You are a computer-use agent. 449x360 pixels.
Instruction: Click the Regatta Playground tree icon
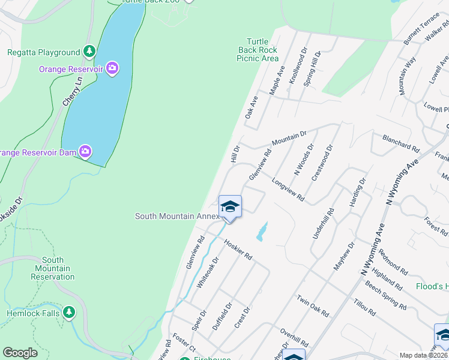click(x=90, y=52)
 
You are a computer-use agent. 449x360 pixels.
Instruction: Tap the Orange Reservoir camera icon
click(x=112, y=68)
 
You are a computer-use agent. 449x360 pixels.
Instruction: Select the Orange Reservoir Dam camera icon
click(x=86, y=152)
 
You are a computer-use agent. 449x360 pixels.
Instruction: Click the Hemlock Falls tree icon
click(x=69, y=312)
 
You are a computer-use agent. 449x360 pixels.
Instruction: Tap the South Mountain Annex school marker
click(x=230, y=208)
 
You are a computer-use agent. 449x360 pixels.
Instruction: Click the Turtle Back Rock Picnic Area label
click(x=258, y=50)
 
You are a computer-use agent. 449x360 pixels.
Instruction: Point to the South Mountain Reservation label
click(x=53, y=268)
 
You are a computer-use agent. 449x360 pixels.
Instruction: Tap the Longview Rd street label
click(x=288, y=190)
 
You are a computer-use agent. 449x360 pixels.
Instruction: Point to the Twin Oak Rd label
click(x=312, y=306)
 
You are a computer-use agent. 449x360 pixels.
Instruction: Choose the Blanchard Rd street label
click(x=401, y=146)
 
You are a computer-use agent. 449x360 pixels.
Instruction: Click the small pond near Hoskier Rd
click(x=261, y=232)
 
